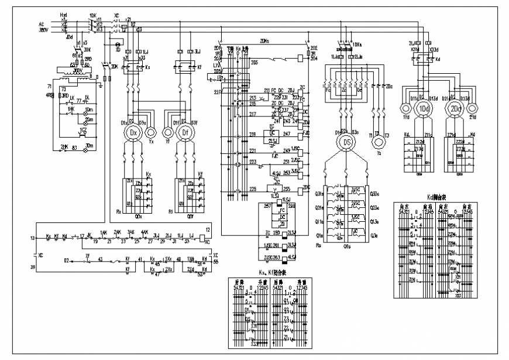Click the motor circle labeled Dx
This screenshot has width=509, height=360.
click(x=134, y=133)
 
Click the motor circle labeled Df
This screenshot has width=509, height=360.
click(x=185, y=133)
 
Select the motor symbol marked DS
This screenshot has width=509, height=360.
click(x=347, y=142)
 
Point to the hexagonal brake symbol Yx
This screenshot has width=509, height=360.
click(x=151, y=132)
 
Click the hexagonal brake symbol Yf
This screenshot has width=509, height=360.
click(x=167, y=132)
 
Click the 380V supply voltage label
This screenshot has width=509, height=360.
click(x=43, y=28)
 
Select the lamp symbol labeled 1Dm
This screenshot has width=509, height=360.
click(x=89, y=109)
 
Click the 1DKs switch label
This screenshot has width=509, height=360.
click(x=356, y=43)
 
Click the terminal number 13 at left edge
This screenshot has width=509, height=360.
click(x=32, y=238)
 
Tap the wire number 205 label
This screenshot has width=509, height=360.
click(x=218, y=70)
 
